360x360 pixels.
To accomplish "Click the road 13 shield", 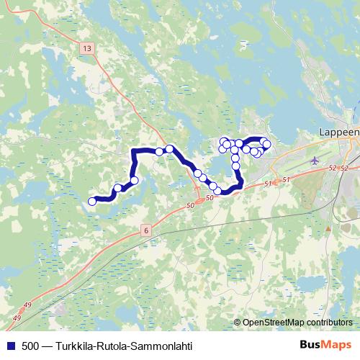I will point(87,48).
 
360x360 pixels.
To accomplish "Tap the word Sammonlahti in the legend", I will point(163,346).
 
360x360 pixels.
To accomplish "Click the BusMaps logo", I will point(326,346).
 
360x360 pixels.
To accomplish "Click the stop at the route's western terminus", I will point(91,202).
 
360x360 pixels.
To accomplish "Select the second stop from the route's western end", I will point(118,189).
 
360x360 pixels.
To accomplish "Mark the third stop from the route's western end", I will point(134,179).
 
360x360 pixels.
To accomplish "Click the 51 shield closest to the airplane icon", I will point(287,179).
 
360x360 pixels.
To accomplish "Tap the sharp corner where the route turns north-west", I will point(135,150).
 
